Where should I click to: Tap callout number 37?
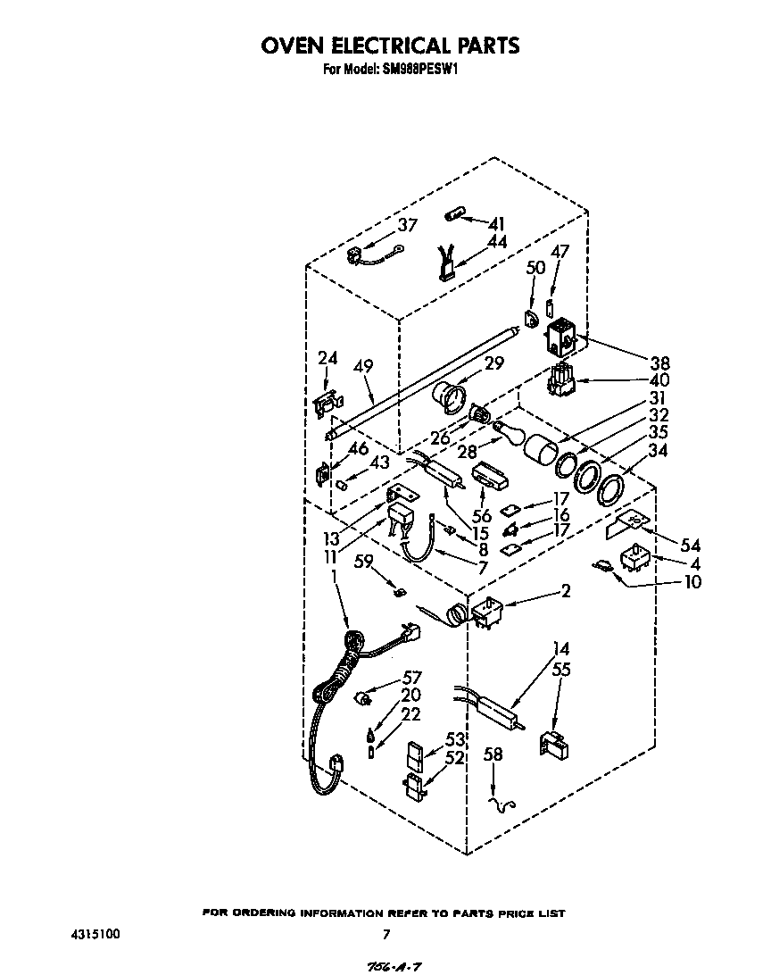point(407,226)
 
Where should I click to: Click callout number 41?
point(496,223)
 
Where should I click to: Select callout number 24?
point(327,359)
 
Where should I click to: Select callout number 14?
point(560,649)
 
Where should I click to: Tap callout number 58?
point(492,754)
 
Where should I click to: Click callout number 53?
point(455,739)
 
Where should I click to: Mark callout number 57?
point(411,678)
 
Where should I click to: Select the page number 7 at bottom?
point(385,935)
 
